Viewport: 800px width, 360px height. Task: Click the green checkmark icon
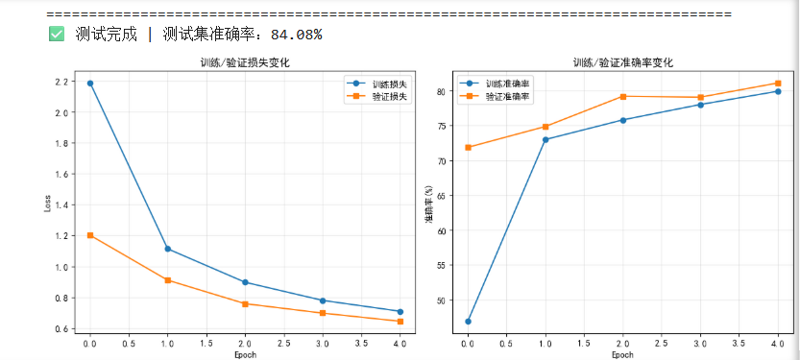point(56,35)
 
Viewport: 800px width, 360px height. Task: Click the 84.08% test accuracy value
point(296,35)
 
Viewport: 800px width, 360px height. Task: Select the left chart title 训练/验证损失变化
point(245,63)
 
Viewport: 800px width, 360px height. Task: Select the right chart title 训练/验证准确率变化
point(622,63)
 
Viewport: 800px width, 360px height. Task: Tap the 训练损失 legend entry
point(376,84)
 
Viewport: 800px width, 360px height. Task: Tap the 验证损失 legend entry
point(376,96)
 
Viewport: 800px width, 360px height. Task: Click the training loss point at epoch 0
point(90,84)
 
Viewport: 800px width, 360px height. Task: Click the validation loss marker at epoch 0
point(90,235)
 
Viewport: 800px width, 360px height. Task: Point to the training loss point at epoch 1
point(167,249)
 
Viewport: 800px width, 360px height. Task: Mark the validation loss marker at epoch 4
point(400,322)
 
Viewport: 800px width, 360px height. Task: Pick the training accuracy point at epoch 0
point(468,322)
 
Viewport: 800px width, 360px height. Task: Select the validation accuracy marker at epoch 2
point(623,96)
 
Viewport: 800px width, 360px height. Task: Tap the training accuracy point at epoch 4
point(778,91)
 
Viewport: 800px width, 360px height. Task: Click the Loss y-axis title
point(47,203)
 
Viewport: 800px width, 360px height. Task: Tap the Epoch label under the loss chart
point(245,354)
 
